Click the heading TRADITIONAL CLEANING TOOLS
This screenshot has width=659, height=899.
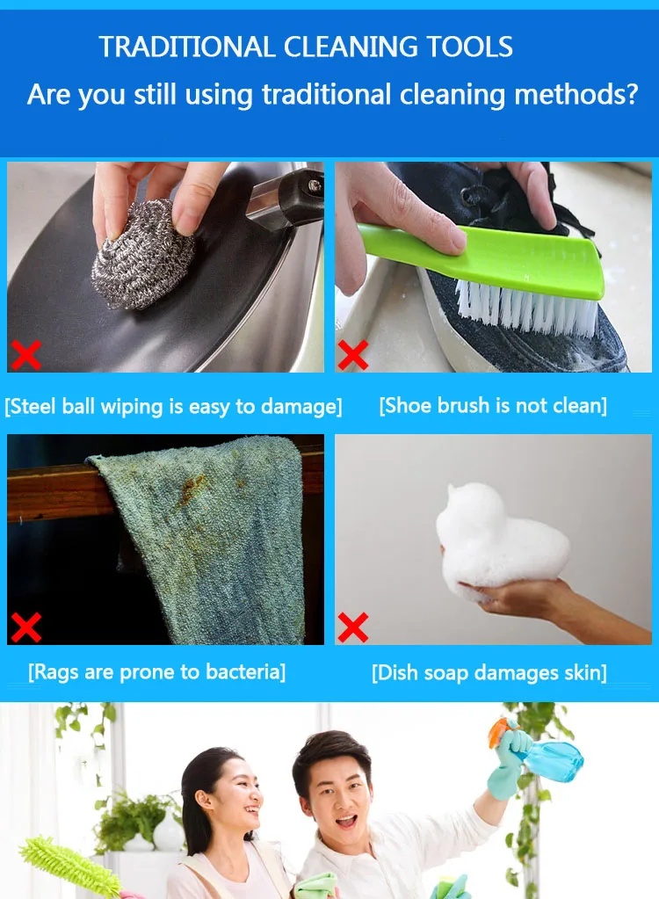[x=306, y=47]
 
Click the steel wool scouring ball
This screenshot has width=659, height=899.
[x=143, y=253]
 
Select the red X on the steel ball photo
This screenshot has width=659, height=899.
[x=26, y=355]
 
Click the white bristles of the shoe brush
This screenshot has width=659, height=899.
[x=526, y=308]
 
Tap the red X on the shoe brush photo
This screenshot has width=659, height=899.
[x=353, y=355]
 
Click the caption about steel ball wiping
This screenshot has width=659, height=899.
[x=173, y=407]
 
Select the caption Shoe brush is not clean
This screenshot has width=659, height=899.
[x=493, y=406]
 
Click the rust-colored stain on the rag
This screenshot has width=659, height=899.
[x=191, y=490]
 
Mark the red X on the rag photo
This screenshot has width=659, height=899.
[x=26, y=627]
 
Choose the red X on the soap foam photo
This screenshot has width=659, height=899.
[x=353, y=627]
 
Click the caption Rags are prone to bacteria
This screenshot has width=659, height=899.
[x=157, y=672]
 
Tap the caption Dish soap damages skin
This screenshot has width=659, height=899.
[x=489, y=672]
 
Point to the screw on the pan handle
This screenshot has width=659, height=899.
[x=314, y=185]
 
